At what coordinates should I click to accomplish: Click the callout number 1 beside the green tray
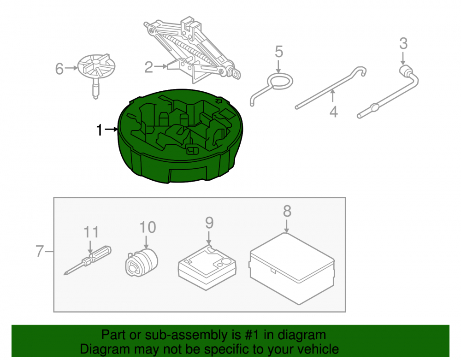tap(100, 130)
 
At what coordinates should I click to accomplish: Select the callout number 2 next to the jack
tap(148, 67)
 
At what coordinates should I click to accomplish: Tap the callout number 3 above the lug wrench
tap(403, 43)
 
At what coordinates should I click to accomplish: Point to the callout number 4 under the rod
tap(333, 112)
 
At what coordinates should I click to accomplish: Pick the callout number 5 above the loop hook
tap(279, 52)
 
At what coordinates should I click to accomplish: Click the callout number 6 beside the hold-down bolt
tap(59, 69)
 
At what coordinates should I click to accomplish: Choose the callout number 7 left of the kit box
tap(40, 251)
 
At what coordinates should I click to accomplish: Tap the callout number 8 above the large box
tap(287, 211)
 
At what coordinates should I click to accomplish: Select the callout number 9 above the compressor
tap(209, 223)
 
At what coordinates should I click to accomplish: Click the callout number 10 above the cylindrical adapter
tap(148, 227)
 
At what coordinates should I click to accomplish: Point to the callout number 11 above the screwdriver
tap(91, 232)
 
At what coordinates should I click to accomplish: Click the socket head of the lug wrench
tap(406, 71)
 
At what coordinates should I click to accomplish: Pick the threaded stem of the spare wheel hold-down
tap(95, 89)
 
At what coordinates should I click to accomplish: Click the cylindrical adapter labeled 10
tap(142, 262)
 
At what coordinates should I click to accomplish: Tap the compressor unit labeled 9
tap(207, 267)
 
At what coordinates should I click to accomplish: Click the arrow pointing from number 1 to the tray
tap(112, 130)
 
